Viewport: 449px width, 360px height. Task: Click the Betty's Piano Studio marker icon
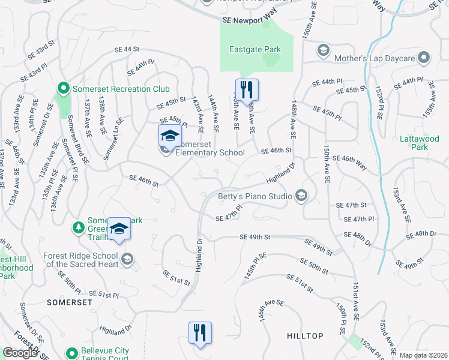[301, 196]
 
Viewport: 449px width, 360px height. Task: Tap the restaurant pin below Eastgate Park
[247, 91]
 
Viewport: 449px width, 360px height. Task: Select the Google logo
[21, 352]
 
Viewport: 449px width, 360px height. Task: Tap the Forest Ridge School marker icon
[127, 259]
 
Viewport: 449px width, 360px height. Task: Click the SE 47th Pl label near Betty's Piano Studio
[229, 212]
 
